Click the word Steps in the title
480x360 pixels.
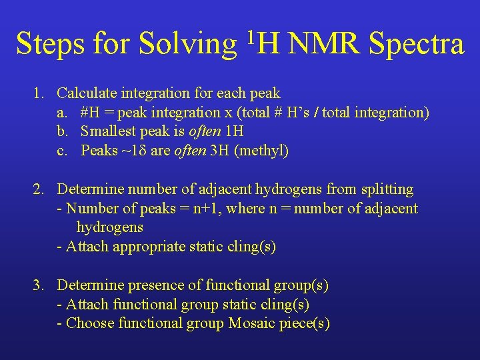[50, 44]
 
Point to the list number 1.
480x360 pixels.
[39, 93]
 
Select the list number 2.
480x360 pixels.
[39, 189]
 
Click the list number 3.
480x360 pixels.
[39, 285]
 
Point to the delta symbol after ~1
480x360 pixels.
[142, 151]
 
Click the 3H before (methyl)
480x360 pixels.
[219, 151]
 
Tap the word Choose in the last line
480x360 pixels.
[90, 323]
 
